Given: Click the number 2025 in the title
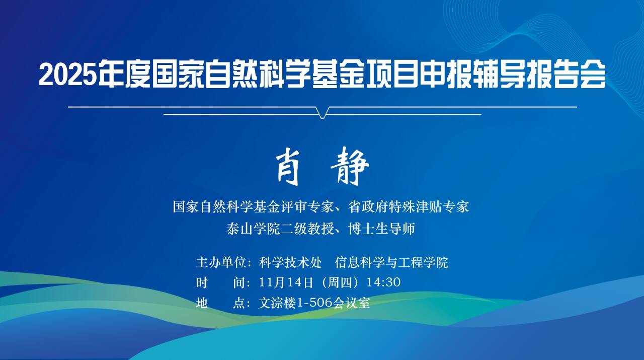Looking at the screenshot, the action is [x=67, y=74].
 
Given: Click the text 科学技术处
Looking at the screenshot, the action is [x=290, y=262].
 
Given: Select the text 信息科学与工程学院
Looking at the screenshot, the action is [x=391, y=262].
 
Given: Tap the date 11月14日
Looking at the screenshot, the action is [x=286, y=282].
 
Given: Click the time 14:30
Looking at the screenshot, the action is [x=383, y=282].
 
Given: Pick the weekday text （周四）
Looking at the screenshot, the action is [x=340, y=282].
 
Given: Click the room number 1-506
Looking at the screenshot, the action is [x=315, y=303].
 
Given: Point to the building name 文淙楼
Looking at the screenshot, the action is [x=277, y=303].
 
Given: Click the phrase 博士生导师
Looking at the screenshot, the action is [x=381, y=229].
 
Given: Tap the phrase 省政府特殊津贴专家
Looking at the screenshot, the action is [x=409, y=206].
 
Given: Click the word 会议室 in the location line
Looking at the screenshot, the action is [x=352, y=303].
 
